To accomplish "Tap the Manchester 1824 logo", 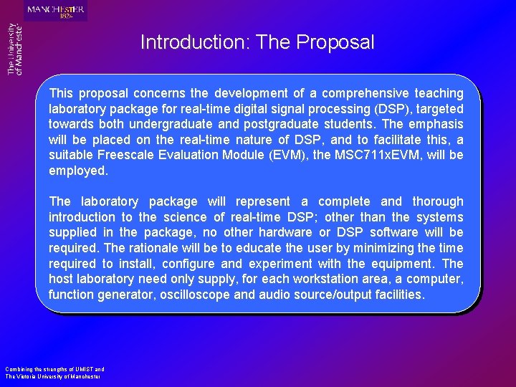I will tap(55, 11).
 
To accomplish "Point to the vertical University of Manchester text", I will tap(15, 49).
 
